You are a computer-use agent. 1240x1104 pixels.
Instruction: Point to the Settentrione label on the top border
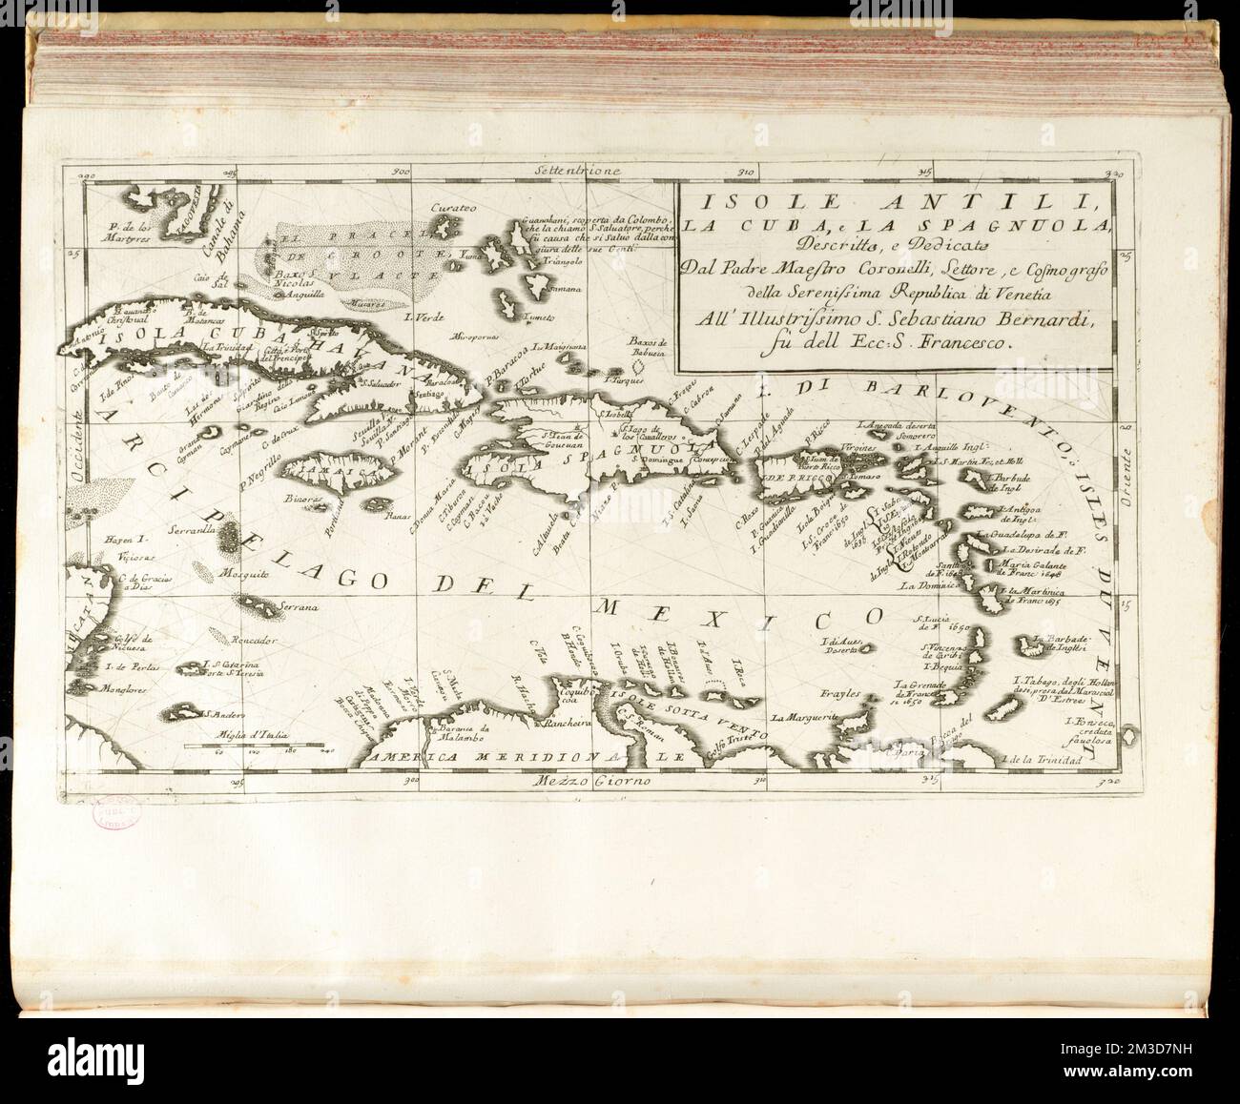click(x=578, y=173)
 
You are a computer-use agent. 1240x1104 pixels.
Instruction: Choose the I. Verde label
click(x=420, y=316)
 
